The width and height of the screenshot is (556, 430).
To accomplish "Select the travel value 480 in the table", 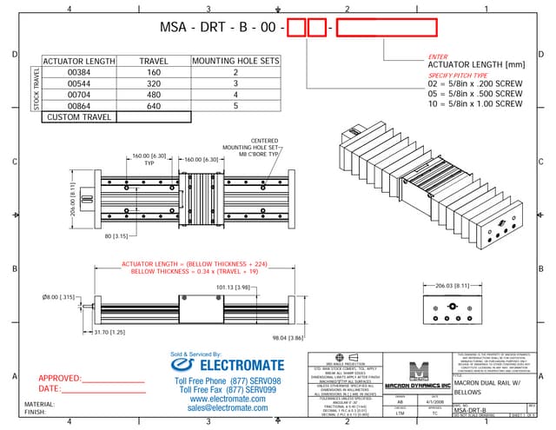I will (x=154, y=95).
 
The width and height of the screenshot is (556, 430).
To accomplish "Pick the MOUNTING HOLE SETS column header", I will (x=235, y=62).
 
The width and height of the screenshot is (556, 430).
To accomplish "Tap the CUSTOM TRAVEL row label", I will (x=79, y=116).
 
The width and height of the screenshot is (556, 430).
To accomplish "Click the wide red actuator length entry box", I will (x=385, y=28).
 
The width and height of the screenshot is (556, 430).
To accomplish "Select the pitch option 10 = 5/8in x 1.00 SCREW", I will (x=474, y=103).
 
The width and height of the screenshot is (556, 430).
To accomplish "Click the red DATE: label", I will (x=50, y=389).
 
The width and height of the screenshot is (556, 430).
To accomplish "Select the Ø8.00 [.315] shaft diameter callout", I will (x=60, y=296).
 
